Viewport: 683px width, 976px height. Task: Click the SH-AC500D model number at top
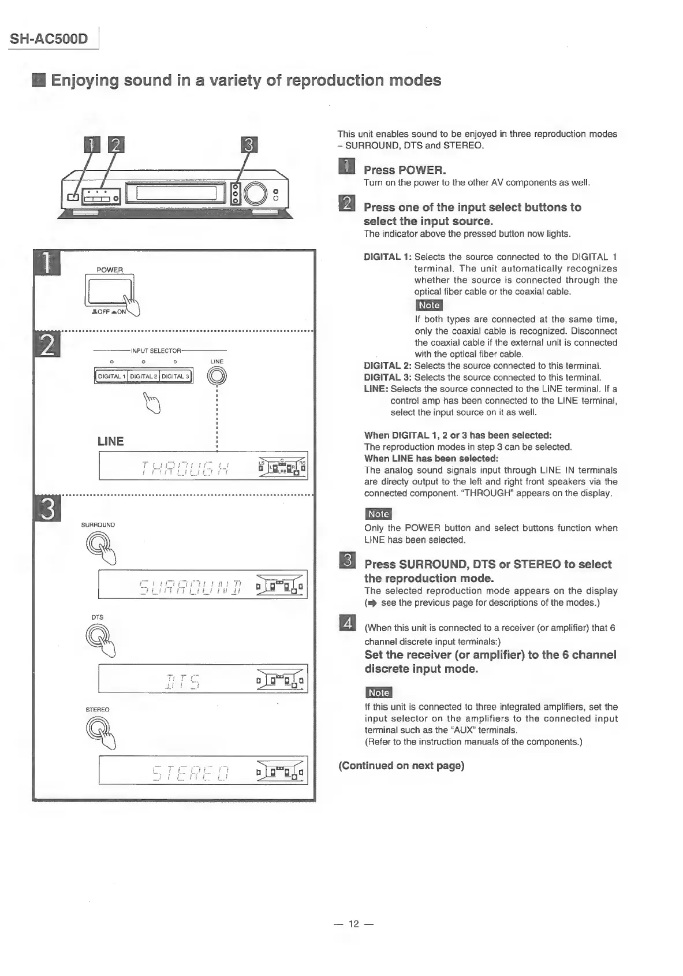coord(49,39)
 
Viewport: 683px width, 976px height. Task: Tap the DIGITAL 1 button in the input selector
coord(111,377)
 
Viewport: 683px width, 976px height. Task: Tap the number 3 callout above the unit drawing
coord(248,145)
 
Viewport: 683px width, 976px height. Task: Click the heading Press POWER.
coord(405,170)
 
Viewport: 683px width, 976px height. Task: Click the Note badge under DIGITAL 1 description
coord(428,306)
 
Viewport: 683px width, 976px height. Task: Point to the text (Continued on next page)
coord(401,766)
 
